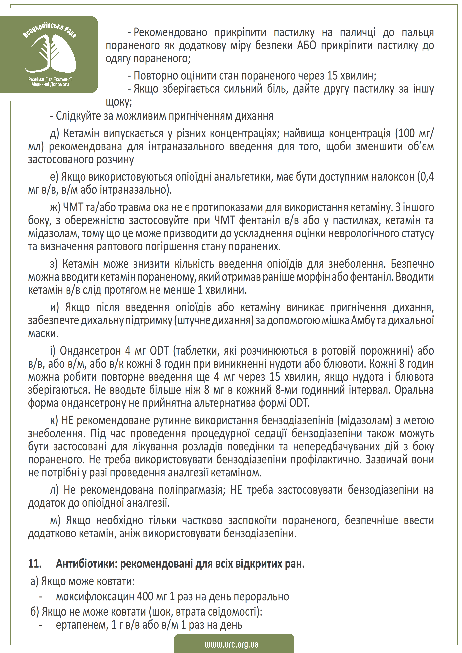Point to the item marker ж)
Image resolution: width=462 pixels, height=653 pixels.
[55, 207]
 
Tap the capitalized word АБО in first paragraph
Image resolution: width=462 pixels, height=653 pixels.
[307, 45]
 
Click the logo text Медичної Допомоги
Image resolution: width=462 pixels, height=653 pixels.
[50, 85]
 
